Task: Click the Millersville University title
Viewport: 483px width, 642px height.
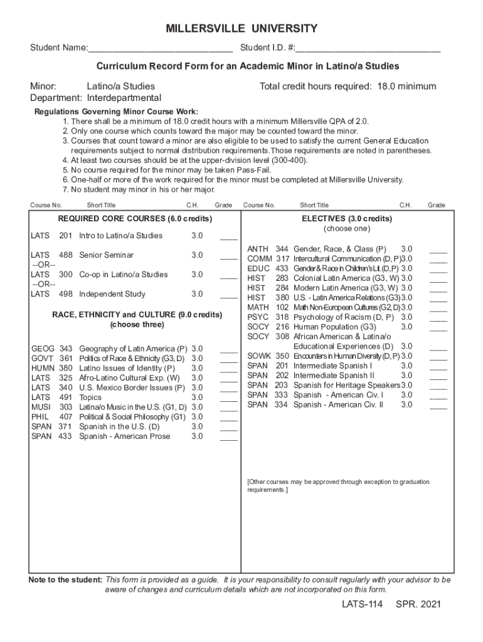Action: [x=242, y=29]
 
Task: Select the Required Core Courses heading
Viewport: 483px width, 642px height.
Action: [x=135, y=219]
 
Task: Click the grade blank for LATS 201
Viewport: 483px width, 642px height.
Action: [x=229, y=238]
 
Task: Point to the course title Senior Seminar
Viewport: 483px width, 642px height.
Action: [x=106, y=255]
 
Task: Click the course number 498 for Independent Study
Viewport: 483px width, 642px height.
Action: [x=66, y=294]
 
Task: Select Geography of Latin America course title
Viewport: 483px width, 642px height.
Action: [x=133, y=349]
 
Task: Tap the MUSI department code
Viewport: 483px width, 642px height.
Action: [x=41, y=408]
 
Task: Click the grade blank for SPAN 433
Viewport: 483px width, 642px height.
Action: [x=229, y=438]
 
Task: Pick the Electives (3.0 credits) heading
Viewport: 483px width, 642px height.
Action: [x=347, y=219]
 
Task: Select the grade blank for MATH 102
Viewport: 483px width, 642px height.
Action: [x=438, y=309]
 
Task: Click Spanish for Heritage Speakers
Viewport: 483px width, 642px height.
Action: [x=346, y=385]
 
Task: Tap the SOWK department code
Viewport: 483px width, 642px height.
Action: [x=258, y=356]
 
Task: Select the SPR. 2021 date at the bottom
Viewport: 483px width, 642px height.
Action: [x=418, y=605]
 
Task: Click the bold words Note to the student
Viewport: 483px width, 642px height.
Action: [x=65, y=580]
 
